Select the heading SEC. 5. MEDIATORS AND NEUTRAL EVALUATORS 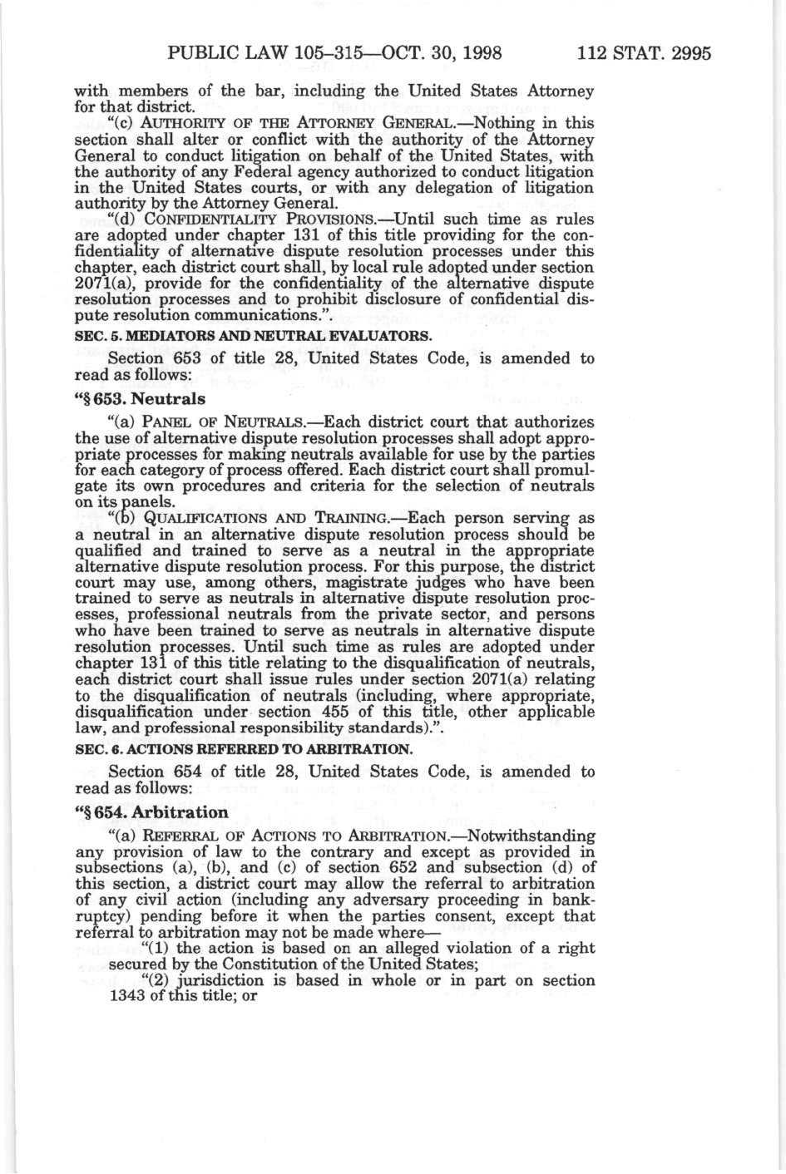pos(254,337)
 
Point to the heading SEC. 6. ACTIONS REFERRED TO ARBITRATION pos(243,748)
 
